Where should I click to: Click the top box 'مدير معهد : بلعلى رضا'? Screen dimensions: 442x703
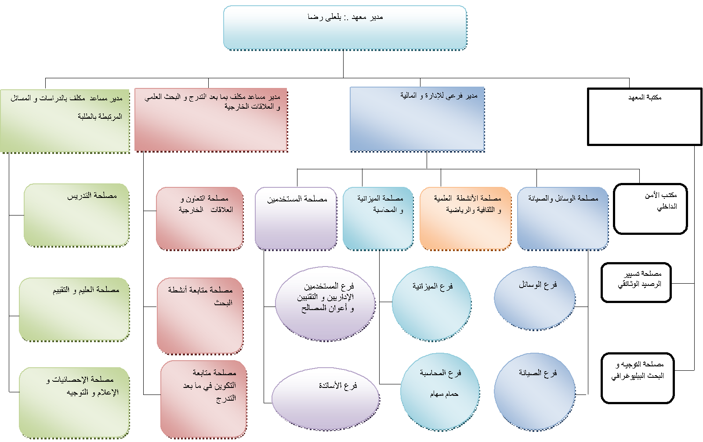[x=345, y=28]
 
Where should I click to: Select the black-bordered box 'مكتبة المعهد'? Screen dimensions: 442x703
[x=645, y=117]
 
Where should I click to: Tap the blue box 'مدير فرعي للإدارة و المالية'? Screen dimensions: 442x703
[x=417, y=119]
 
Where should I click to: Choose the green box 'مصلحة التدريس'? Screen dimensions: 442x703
[x=76, y=215]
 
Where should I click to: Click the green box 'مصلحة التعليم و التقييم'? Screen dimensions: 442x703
[x=74, y=309]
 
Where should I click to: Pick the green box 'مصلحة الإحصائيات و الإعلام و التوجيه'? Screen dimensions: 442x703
[x=74, y=402]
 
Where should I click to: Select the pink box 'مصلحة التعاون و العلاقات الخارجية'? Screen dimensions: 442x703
[x=200, y=219]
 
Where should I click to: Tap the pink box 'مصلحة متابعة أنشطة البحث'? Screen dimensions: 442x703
[x=200, y=315]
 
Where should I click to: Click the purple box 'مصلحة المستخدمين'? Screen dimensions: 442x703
[x=296, y=219]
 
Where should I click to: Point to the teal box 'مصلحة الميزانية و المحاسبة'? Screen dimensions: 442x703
[x=378, y=219]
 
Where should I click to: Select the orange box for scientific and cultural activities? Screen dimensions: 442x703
[x=466, y=219]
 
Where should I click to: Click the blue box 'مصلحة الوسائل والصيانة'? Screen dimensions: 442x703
[x=563, y=219]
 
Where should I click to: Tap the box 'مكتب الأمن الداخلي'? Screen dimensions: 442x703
[x=650, y=209]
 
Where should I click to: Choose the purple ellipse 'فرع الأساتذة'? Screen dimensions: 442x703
[x=326, y=399]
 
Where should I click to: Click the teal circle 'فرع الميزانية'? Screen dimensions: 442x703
[x=431, y=303]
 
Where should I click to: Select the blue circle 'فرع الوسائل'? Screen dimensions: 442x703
[x=535, y=298]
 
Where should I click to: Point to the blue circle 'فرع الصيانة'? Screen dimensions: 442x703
[x=535, y=391]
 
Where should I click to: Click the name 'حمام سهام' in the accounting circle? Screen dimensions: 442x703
[x=444, y=394]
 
